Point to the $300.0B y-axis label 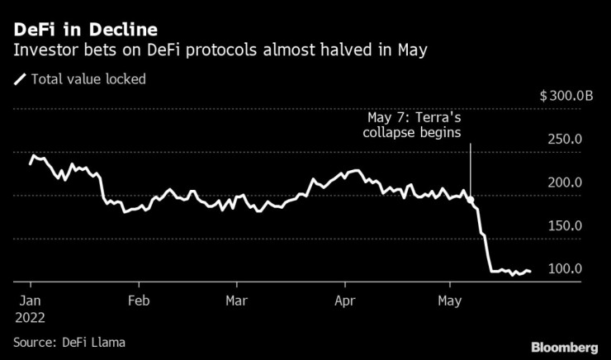coord(566,97)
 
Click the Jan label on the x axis coord(30,301)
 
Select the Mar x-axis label coord(238,301)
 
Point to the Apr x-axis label coord(345,301)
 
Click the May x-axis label coord(450,301)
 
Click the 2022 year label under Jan coord(30,317)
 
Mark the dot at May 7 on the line coord(470,200)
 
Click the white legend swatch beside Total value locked coord(19,80)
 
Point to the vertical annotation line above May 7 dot coord(470,169)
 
